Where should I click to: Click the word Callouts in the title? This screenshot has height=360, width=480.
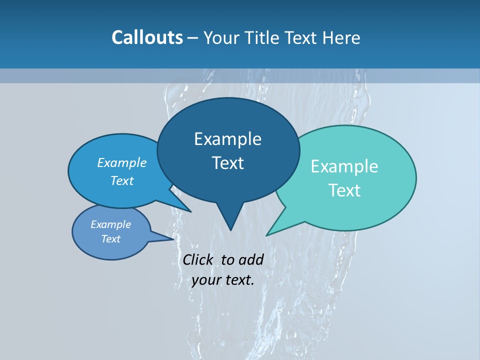[147, 37]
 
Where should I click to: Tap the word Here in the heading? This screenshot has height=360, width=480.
[342, 37]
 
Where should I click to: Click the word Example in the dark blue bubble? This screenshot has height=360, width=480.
[227, 139]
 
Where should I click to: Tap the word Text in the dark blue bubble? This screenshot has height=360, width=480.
[227, 163]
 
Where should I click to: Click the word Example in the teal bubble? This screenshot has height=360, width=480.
[344, 166]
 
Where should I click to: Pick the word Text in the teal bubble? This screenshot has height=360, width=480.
[344, 190]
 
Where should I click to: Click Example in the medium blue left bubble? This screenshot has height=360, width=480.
[122, 162]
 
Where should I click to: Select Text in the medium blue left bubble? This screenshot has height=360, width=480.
[122, 180]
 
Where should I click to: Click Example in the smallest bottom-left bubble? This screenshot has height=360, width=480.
[110, 224]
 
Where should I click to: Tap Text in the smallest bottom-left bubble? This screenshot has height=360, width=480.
[110, 239]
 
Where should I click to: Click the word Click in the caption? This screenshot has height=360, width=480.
[198, 259]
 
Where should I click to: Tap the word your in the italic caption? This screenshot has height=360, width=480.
[206, 280]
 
